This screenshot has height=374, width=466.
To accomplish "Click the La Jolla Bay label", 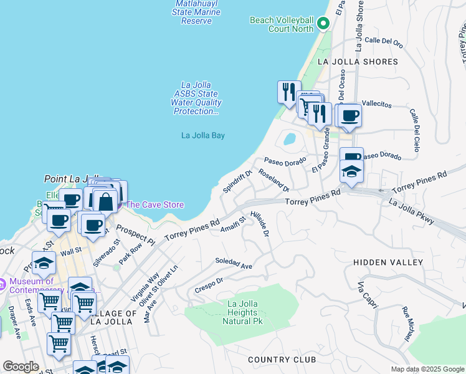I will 202,135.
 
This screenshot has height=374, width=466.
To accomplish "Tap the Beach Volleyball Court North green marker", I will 323,24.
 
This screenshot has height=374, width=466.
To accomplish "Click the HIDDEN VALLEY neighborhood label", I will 388,263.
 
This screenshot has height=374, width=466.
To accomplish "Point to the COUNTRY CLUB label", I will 282,360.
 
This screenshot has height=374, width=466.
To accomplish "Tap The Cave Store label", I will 155,204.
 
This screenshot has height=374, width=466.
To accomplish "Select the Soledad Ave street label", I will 234,263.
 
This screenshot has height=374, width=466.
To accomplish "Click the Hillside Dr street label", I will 259,224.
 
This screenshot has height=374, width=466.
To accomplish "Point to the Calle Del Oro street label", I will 384,41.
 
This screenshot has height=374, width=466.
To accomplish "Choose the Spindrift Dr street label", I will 237,181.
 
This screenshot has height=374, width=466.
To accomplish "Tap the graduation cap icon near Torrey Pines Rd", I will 351,171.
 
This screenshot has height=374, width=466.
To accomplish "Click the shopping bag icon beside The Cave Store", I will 106,201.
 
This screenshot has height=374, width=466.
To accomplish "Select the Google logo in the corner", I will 21,367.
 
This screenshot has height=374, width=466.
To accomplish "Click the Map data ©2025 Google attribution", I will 427,369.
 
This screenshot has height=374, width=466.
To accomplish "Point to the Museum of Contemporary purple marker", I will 3,282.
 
